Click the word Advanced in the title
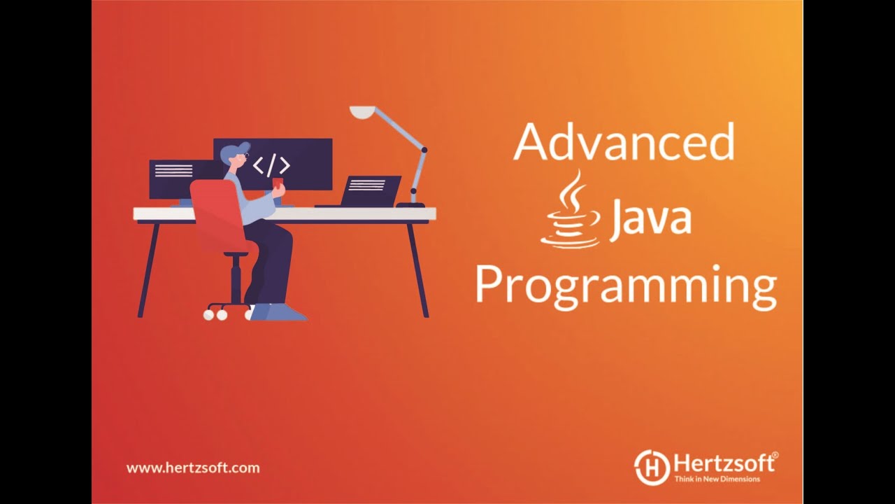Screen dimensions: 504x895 [x=624, y=141]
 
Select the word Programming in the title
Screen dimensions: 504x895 [x=626, y=286]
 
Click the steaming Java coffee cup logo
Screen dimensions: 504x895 [x=571, y=211]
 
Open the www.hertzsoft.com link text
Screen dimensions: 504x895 [x=193, y=468]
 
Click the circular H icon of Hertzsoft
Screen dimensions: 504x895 [x=652, y=467]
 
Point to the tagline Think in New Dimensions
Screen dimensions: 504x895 [x=717, y=479]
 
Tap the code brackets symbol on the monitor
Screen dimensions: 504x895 [x=271, y=165]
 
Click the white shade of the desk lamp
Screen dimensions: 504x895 [x=363, y=111]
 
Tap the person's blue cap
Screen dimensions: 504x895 [x=235, y=150]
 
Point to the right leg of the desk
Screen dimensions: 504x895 [x=418, y=269]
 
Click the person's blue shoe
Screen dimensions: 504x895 [x=276, y=312]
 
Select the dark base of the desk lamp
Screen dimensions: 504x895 [x=410, y=204]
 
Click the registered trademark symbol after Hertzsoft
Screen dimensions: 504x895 [x=774, y=456]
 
